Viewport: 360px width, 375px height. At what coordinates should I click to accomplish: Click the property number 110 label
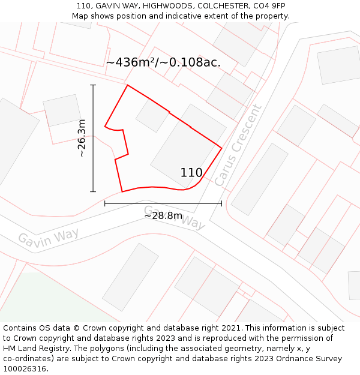[191, 173]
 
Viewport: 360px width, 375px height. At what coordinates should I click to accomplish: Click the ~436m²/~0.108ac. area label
[163, 62]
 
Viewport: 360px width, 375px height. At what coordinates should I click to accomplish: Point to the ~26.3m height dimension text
[82, 139]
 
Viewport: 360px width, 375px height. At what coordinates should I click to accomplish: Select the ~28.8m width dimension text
[163, 215]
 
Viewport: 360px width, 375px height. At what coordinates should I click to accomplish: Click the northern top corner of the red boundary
[128, 85]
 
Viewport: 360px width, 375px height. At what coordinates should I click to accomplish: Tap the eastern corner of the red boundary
[221, 148]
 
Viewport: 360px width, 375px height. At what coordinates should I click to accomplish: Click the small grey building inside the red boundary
[152, 115]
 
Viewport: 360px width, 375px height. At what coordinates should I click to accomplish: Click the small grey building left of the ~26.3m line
[62, 110]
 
